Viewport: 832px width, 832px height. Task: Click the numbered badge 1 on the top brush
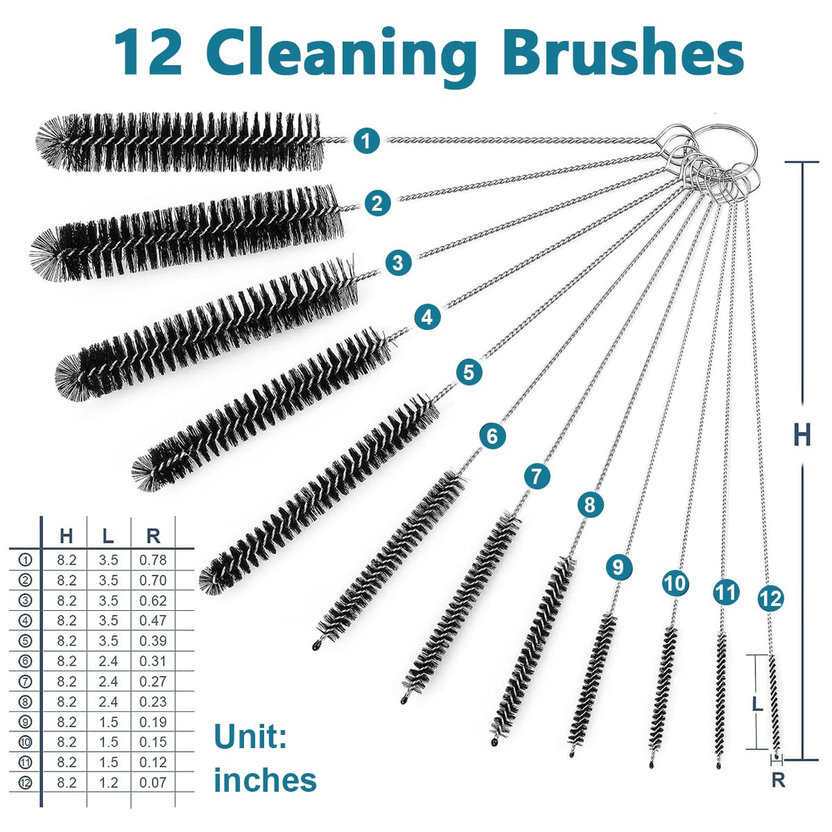(366, 141)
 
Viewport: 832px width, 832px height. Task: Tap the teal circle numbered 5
(469, 372)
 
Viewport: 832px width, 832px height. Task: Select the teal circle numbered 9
(618, 567)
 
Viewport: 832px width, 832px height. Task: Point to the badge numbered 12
(770, 598)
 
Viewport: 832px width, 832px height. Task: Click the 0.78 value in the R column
(153, 560)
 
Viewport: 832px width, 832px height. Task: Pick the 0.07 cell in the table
(153, 782)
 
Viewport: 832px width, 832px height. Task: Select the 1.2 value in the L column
(108, 782)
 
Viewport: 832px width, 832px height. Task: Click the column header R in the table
(153, 535)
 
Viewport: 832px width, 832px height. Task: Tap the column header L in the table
(108, 535)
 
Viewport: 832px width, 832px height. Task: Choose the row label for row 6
(26, 661)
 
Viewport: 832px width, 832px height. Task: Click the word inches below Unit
(265, 780)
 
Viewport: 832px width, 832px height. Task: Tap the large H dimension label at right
(801, 435)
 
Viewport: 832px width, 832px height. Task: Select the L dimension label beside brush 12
(757, 704)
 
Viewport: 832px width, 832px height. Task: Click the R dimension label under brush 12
(778, 780)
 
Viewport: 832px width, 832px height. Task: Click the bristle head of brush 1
(180, 142)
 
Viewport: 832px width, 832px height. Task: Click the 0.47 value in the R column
(153, 621)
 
